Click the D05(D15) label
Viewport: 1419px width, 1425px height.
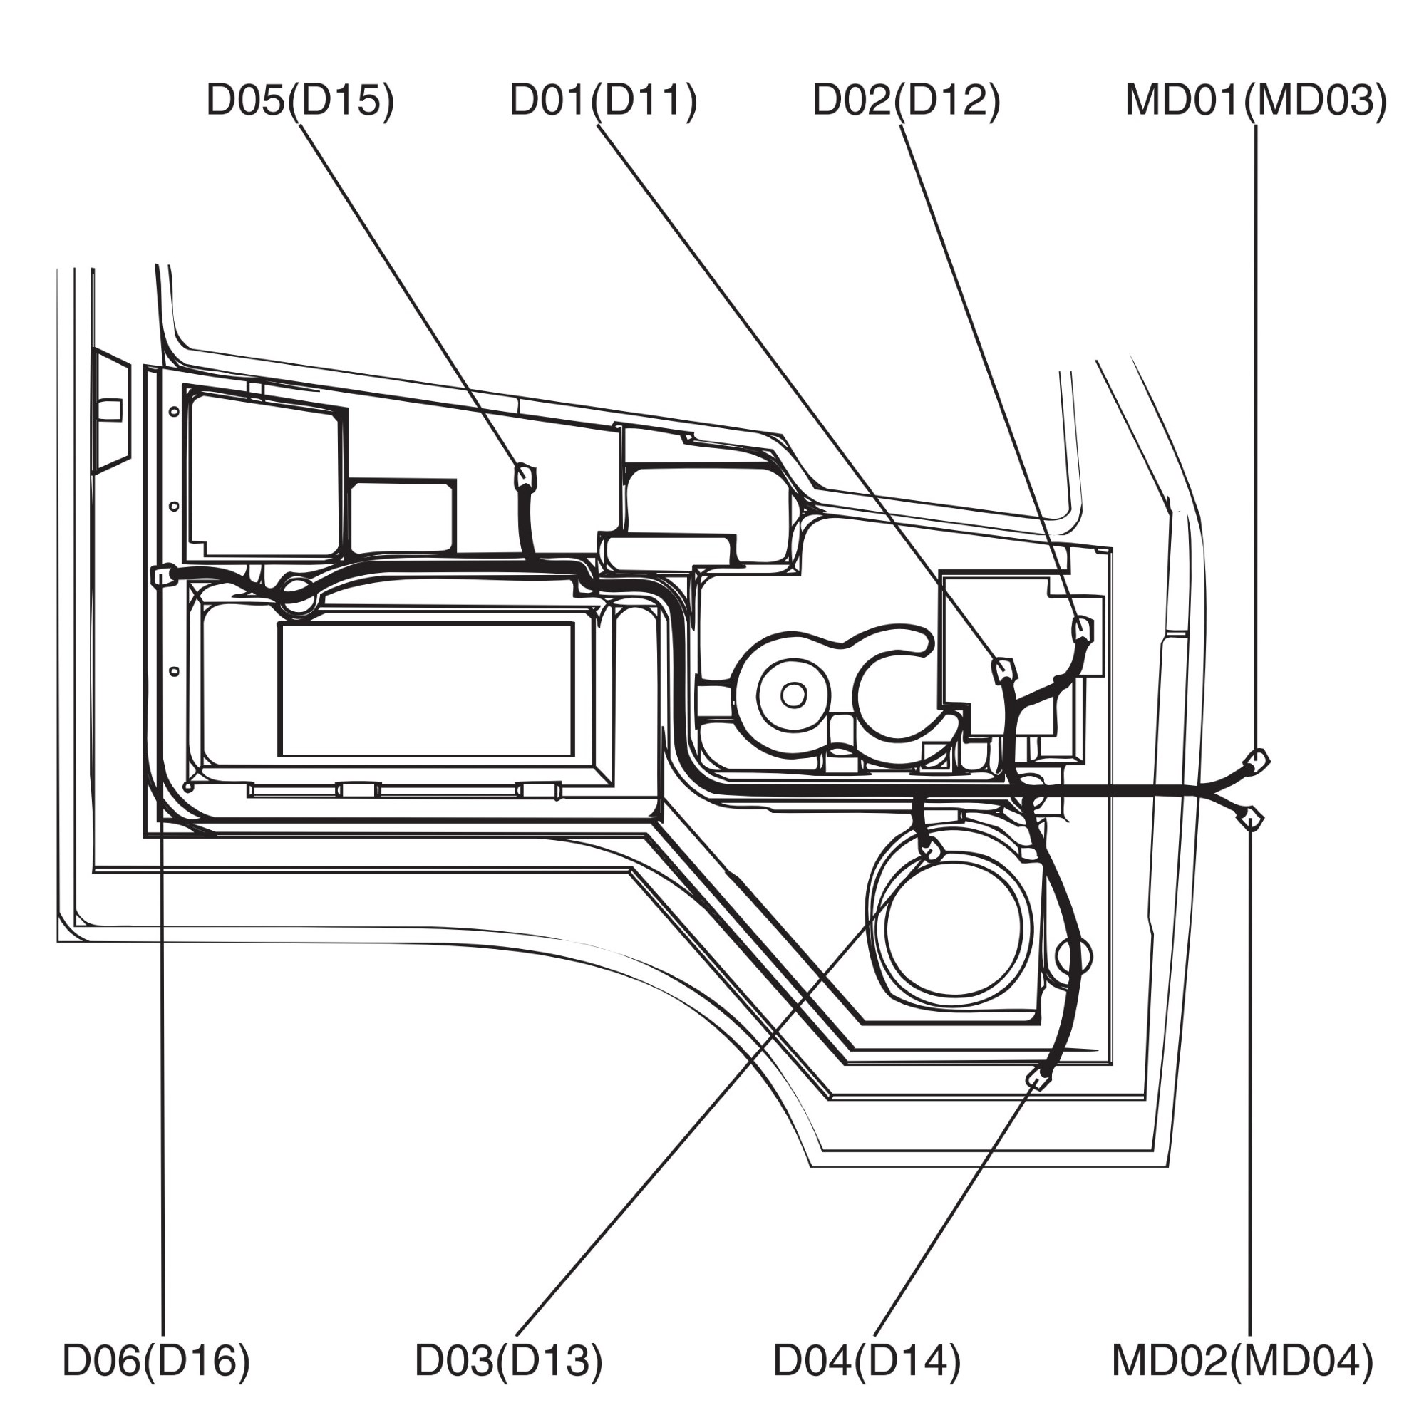coord(300,100)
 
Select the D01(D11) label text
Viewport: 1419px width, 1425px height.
coord(603,100)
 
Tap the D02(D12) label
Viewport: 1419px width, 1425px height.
coord(906,100)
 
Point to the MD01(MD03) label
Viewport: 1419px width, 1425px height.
coord(1256,100)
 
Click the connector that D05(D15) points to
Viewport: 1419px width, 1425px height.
coord(525,477)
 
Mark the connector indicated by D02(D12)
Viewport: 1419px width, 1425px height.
coord(1082,628)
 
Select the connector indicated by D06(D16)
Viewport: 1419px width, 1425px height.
coord(163,574)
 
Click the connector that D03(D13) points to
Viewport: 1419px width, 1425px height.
coord(932,852)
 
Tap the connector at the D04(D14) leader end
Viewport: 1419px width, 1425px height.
coord(1038,1079)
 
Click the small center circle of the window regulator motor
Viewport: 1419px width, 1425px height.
coord(793,694)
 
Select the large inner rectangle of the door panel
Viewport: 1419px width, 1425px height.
coord(426,689)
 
